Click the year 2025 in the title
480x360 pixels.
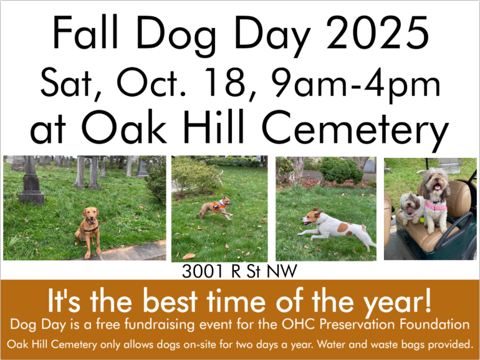pos(377,33)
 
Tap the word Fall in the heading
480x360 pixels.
pos(85,32)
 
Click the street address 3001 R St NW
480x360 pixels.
pos(240,271)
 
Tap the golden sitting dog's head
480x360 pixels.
pos(90,215)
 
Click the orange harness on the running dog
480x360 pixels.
pos(218,207)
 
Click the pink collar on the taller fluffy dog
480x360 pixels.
pos(435,206)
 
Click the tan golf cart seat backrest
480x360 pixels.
pos(458,198)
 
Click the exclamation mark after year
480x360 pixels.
pos(428,299)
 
